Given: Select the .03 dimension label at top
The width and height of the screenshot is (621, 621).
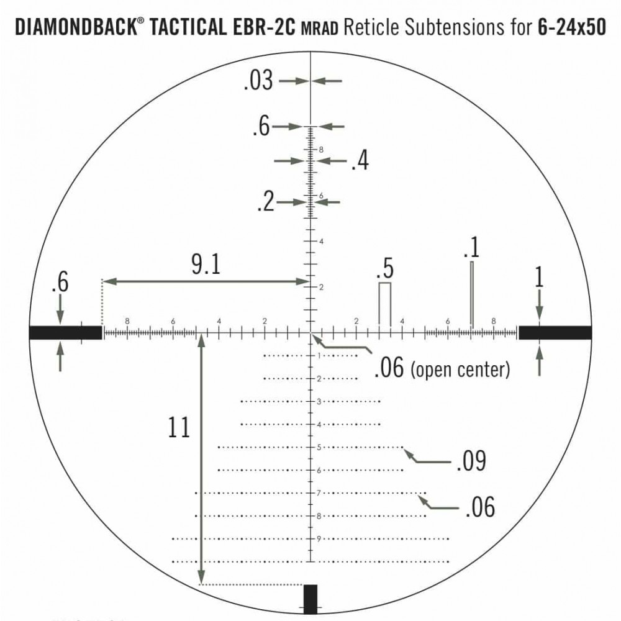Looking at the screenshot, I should (258, 81).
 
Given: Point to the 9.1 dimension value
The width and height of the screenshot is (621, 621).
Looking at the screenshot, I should (206, 265).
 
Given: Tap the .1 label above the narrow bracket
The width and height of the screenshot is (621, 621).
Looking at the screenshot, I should (471, 248).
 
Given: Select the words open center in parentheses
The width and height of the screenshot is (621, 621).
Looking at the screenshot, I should (460, 370).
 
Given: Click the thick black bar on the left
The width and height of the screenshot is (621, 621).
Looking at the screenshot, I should (65, 333).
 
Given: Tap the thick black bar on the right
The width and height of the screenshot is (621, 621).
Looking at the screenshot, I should (555, 333).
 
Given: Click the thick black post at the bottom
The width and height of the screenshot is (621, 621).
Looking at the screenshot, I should (310, 599).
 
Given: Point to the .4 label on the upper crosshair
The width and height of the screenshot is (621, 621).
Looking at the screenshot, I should (360, 161).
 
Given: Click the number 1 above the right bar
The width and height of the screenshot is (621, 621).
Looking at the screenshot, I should (539, 278).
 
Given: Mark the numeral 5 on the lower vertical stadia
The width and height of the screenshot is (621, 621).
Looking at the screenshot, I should (318, 447).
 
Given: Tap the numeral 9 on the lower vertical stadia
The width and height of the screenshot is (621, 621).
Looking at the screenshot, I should (318, 538).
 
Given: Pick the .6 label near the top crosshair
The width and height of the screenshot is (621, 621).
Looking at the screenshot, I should (261, 127).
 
